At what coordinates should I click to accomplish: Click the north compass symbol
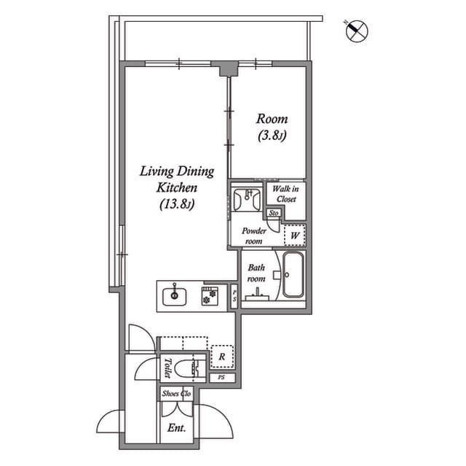click(x=357, y=31)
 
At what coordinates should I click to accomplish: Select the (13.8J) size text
click(x=177, y=205)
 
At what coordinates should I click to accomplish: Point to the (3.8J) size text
click(x=272, y=136)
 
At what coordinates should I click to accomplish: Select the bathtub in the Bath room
click(x=294, y=276)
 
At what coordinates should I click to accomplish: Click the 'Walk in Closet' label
click(x=285, y=194)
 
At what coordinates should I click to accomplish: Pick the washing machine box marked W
click(x=295, y=236)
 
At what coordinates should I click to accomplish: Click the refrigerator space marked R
click(x=221, y=357)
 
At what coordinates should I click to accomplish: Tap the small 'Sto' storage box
click(x=274, y=213)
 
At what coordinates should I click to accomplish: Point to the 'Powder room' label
click(x=254, y=235)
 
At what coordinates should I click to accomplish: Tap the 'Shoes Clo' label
click(x=175, y=394)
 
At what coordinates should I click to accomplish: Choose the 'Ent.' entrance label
click(x=175, y=428)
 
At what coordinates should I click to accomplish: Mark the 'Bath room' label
click(x=256, y=273)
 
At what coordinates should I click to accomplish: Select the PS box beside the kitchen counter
click(x=234, y=297)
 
